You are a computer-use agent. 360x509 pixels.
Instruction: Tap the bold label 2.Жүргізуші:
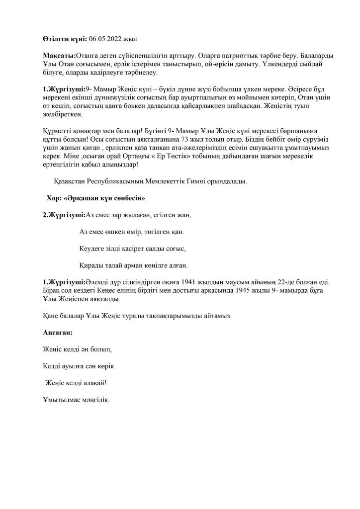tap(64, 215)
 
